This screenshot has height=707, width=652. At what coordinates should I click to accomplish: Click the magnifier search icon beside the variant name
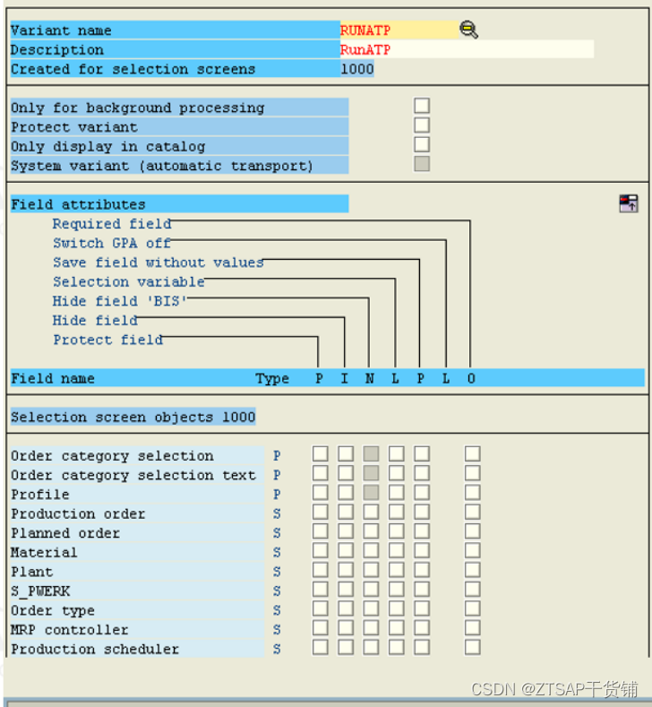pyautogui.click(x=468, y=30)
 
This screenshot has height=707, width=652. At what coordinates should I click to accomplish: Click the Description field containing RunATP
pyautogui.click(x=466, y=50)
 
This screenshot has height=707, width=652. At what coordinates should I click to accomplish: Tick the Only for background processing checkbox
pyautogui.click(x=422, y=107)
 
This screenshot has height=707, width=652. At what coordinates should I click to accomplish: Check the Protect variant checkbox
pyautogui.click(x=422, y=125)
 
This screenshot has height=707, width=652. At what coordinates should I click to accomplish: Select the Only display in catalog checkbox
pyautogui.click(x=422, y=145)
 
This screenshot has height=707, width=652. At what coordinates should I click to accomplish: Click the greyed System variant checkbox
pyautogui.click(x=422, y=164)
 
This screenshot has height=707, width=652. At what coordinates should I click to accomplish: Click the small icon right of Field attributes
pyautogui.click(x=628, y=203)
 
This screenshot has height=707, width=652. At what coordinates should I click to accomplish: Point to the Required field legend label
pyautogui.click(x=112, y=224)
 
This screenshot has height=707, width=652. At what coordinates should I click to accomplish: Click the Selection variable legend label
pyautogui.click(x=128, y=281)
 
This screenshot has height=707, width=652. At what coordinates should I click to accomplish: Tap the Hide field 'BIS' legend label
pyautogui.click(x=119, y=301)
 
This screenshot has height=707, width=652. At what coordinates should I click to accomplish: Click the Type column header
pyautogui.click(x=272, y=378)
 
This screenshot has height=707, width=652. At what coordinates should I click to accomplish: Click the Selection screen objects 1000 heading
pyautogui.click(x=133, y=417)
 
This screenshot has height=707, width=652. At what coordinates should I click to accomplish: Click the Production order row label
pyautogui.click(x=78, y=513)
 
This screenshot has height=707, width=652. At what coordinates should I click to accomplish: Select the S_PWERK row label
pyautogui.click(x=40, y=591)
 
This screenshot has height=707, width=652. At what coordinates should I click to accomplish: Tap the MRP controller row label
pyautogui.click(x=70, y=630)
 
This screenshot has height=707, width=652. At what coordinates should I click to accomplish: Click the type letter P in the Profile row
pyautogui.click(x=277, y=495)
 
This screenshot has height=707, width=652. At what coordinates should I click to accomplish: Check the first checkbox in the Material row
pyautogui.click(x=320, y=552)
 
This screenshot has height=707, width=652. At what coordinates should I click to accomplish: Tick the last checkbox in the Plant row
pyautogui.click(x=472, y=572)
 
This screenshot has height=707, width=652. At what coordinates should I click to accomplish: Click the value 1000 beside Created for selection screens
pyautogui.click(x=356, y=69)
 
